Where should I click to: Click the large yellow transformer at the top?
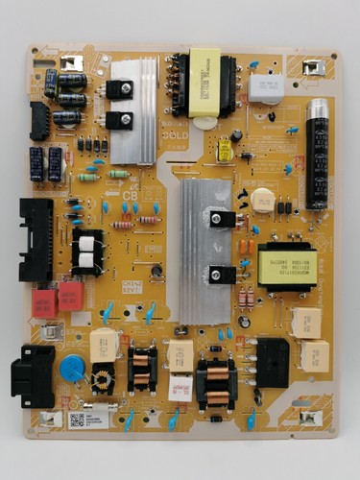204,83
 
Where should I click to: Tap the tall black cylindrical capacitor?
317,166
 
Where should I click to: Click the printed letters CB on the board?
131,196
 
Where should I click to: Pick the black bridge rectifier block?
273,361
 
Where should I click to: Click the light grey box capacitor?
266,86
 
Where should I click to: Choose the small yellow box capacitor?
226,151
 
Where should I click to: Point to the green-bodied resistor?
88,178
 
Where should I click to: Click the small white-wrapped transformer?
87,252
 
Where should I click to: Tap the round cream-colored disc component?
262,199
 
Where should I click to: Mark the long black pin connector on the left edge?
36,240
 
